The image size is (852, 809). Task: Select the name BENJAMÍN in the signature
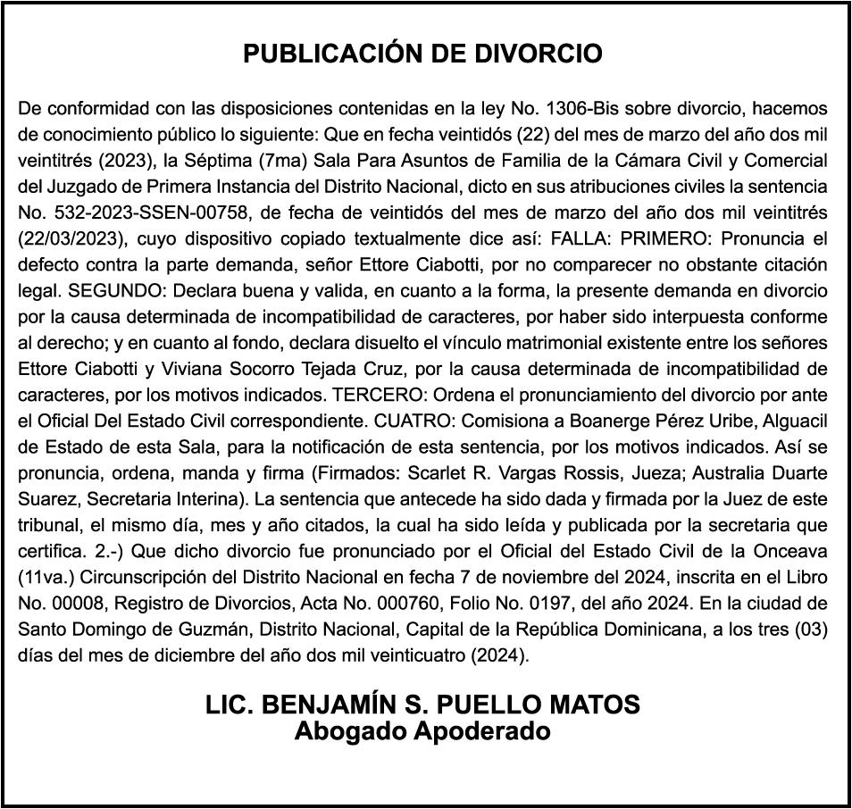tap(338, 705)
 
